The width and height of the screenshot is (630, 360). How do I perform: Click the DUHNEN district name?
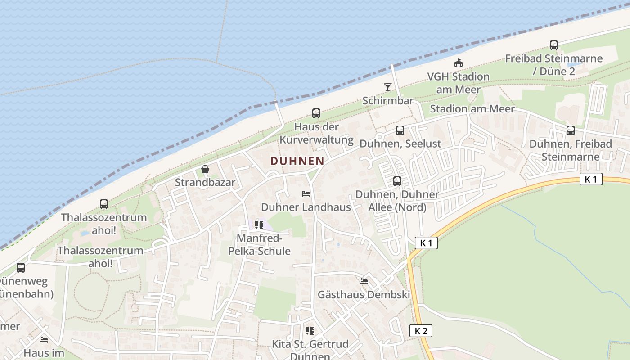tap(297, 161)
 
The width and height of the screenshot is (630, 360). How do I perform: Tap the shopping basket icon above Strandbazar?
tap(205, 170)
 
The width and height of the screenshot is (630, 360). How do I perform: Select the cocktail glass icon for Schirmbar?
tap(388, 87)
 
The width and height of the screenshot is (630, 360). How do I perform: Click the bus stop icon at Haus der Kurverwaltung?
tap(316, 113)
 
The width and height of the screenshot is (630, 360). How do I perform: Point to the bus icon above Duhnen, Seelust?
tap(400, 130)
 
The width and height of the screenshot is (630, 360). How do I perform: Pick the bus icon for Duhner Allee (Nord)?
tap(397, 181)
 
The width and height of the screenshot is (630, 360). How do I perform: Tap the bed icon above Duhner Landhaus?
tap(306, 194)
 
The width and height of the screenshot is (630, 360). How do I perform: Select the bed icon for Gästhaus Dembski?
tap(364, 281)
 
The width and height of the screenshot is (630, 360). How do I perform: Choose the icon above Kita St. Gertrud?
tap(310, 331)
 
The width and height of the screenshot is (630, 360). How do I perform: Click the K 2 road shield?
tap(421, 331)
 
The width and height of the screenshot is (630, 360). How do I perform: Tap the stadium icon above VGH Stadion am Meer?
tap(459, 63)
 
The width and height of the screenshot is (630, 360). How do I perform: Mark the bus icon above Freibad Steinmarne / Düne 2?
tap(553, 45)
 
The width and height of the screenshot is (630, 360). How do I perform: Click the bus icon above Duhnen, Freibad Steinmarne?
tap(570, 130)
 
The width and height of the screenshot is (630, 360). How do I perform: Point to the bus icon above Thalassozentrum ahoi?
tap(104, 204)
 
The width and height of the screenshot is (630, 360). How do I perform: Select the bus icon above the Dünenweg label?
tap(21, 268)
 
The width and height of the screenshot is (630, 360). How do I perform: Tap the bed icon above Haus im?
tap(44, 339)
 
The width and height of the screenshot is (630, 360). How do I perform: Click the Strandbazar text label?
tap(205, 182)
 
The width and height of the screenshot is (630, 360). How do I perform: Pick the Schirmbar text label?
tap(387, 100)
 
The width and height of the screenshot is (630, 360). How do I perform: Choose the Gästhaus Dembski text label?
tap(364, 295)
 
